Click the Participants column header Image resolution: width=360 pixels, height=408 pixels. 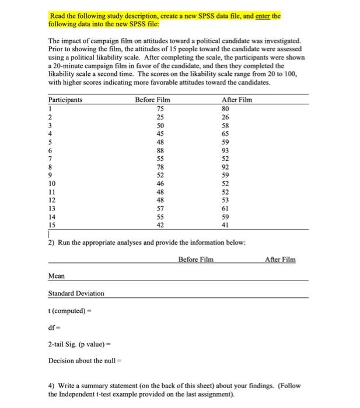[x=65, y=100]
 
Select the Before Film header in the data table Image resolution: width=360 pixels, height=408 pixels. [x=152, y=100]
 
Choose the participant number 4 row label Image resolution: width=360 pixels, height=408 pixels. [x=51, y=133]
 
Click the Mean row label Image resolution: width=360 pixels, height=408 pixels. [x=57, y=276]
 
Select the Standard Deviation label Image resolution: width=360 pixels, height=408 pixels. [x=76, y=293]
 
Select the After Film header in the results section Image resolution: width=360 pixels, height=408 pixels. [x=280, y=259]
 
